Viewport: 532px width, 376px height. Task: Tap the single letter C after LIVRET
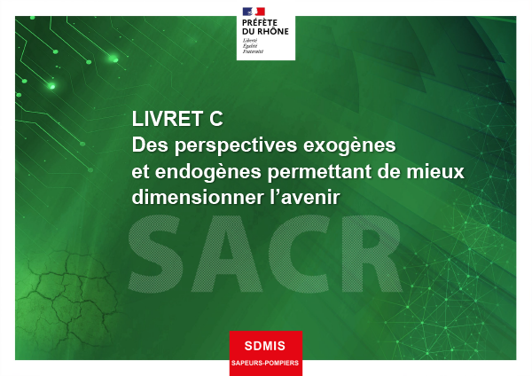pyautogui.click(x=216, y=119)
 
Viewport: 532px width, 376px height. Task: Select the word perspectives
pyautogui.click(x=236, y=146)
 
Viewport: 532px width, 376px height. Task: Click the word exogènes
pyautogui.click(x=349, y=146)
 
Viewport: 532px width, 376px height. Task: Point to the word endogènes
pyautogui.click(x=208, y=172)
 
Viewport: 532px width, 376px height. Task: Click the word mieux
pyautogui.click(x=435, y=171)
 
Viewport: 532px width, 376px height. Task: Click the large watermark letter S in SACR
pyautogui.click(x=154, y=254)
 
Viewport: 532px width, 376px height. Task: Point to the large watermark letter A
pyautogui.click(x=226, y=254)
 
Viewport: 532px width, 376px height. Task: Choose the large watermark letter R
pyautogui.click(x=370, y=254)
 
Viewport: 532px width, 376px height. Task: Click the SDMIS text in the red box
pyautogui.click(x=265, y=346)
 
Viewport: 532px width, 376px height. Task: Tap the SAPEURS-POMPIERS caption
pyautogui.click(x=265, y=363)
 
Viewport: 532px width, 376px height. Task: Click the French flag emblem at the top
pyautogui.click(x=254, y=12)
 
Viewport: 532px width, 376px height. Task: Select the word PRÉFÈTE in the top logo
pyautogui.click(x=260, y=23)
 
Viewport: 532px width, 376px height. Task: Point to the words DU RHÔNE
pyautogui.click(x=265, y=32)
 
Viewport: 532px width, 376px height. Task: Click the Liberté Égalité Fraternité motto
pyautogui.click(x=253, y=46)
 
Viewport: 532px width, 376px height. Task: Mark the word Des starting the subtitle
pyautogui.click(x=151, y=145)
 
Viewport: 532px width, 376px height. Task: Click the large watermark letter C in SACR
pyautogui.click(x=299, y=254)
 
